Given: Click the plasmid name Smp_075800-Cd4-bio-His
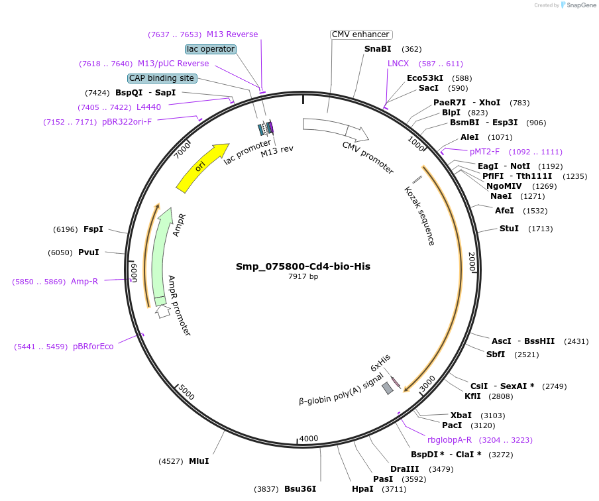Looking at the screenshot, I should [303, 266].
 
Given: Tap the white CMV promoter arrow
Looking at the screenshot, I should [335, 129].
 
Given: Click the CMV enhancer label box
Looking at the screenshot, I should [361, 34].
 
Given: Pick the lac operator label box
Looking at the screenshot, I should [211, 49].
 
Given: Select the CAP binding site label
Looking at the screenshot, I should [162, 78].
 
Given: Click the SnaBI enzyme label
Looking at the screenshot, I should [378, 49].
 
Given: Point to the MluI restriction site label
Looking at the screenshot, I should [199, 461].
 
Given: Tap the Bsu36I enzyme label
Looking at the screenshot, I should [300, 489].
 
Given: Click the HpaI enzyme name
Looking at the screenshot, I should [362, 489].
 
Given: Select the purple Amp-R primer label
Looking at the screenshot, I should [84, 282].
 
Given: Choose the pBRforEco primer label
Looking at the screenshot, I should [93, 347].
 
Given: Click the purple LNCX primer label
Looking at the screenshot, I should [398, 64].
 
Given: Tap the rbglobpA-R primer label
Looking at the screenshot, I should [449, 439].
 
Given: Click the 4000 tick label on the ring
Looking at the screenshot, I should [309, 439].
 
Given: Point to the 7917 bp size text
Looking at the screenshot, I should [303, 277].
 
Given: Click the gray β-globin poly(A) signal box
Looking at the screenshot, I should [388, 388].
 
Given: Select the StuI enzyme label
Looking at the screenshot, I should [509, 229].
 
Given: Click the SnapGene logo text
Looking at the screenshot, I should [580, 5].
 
